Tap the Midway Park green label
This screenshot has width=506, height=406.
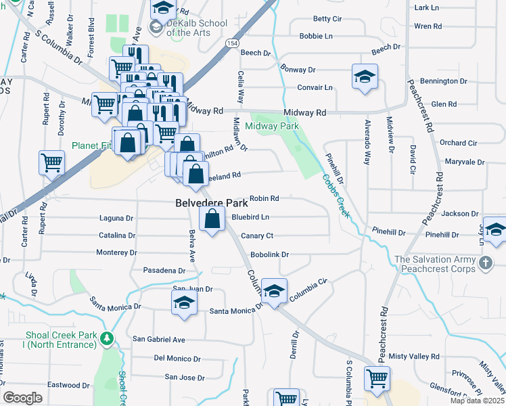coord(272,126)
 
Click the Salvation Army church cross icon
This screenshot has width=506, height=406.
coord(485,262)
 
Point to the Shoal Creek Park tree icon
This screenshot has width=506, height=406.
coord(106,338)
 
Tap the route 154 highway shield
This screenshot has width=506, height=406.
coord(232,43)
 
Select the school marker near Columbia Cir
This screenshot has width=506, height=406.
coord(274,292)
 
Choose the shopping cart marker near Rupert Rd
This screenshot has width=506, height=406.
coord(52,162)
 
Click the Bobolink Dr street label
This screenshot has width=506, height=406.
coord(269,254)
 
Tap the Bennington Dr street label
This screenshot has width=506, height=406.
coord(448,81)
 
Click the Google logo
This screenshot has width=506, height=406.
coord(22,398)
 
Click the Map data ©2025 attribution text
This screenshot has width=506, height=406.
coord(477,401)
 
